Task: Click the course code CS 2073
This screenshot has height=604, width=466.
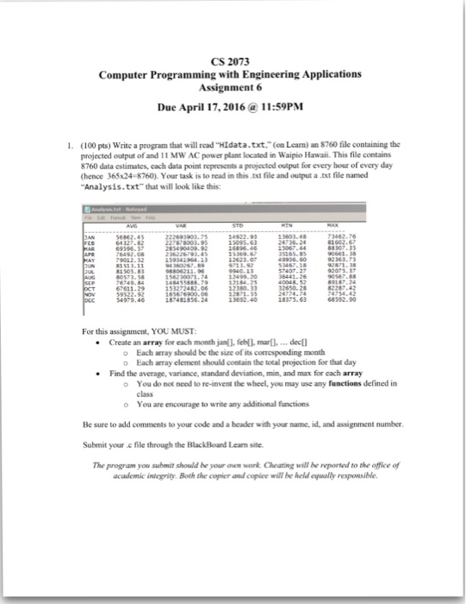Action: (232, 60)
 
